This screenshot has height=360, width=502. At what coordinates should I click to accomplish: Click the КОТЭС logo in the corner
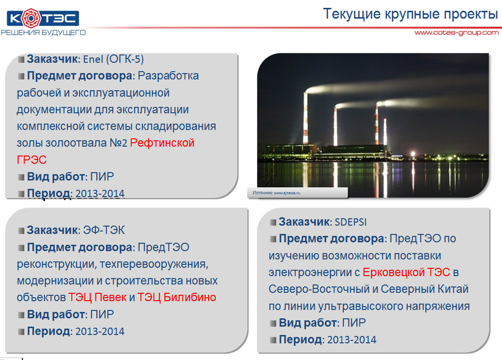point(43,19)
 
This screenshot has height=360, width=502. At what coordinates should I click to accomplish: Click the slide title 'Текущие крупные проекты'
point(410,14)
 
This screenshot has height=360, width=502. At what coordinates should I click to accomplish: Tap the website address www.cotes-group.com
point(456,32)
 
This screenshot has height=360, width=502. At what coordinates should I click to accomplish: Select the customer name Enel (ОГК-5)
point(113,59)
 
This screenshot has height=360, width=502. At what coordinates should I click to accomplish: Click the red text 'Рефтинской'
point(162,143)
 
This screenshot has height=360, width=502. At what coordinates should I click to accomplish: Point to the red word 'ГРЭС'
point(32,160)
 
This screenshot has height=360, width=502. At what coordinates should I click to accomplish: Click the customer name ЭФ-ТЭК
point(104,230)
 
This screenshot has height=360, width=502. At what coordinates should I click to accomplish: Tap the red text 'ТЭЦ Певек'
point(97,297)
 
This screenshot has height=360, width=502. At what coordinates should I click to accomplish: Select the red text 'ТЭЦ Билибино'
point(177,297)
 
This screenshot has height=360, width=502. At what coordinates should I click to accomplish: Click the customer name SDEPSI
point(350,222)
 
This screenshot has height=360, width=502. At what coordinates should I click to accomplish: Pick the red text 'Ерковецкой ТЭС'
point(406,272)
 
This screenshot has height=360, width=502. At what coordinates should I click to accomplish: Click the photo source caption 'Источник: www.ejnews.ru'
point(276,193)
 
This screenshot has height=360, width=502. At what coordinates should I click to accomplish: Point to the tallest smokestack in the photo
point(306,118)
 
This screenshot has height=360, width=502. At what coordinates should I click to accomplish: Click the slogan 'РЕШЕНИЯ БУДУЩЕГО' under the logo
point(43,32)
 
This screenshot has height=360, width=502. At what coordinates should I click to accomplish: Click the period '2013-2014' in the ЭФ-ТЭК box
point(100,331)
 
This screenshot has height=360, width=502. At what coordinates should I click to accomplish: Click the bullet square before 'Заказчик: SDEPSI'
point(273,222)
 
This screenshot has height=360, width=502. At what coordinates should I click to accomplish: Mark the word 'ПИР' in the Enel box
point(102,176)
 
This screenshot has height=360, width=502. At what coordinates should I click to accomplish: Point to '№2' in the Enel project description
point(118,143)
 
